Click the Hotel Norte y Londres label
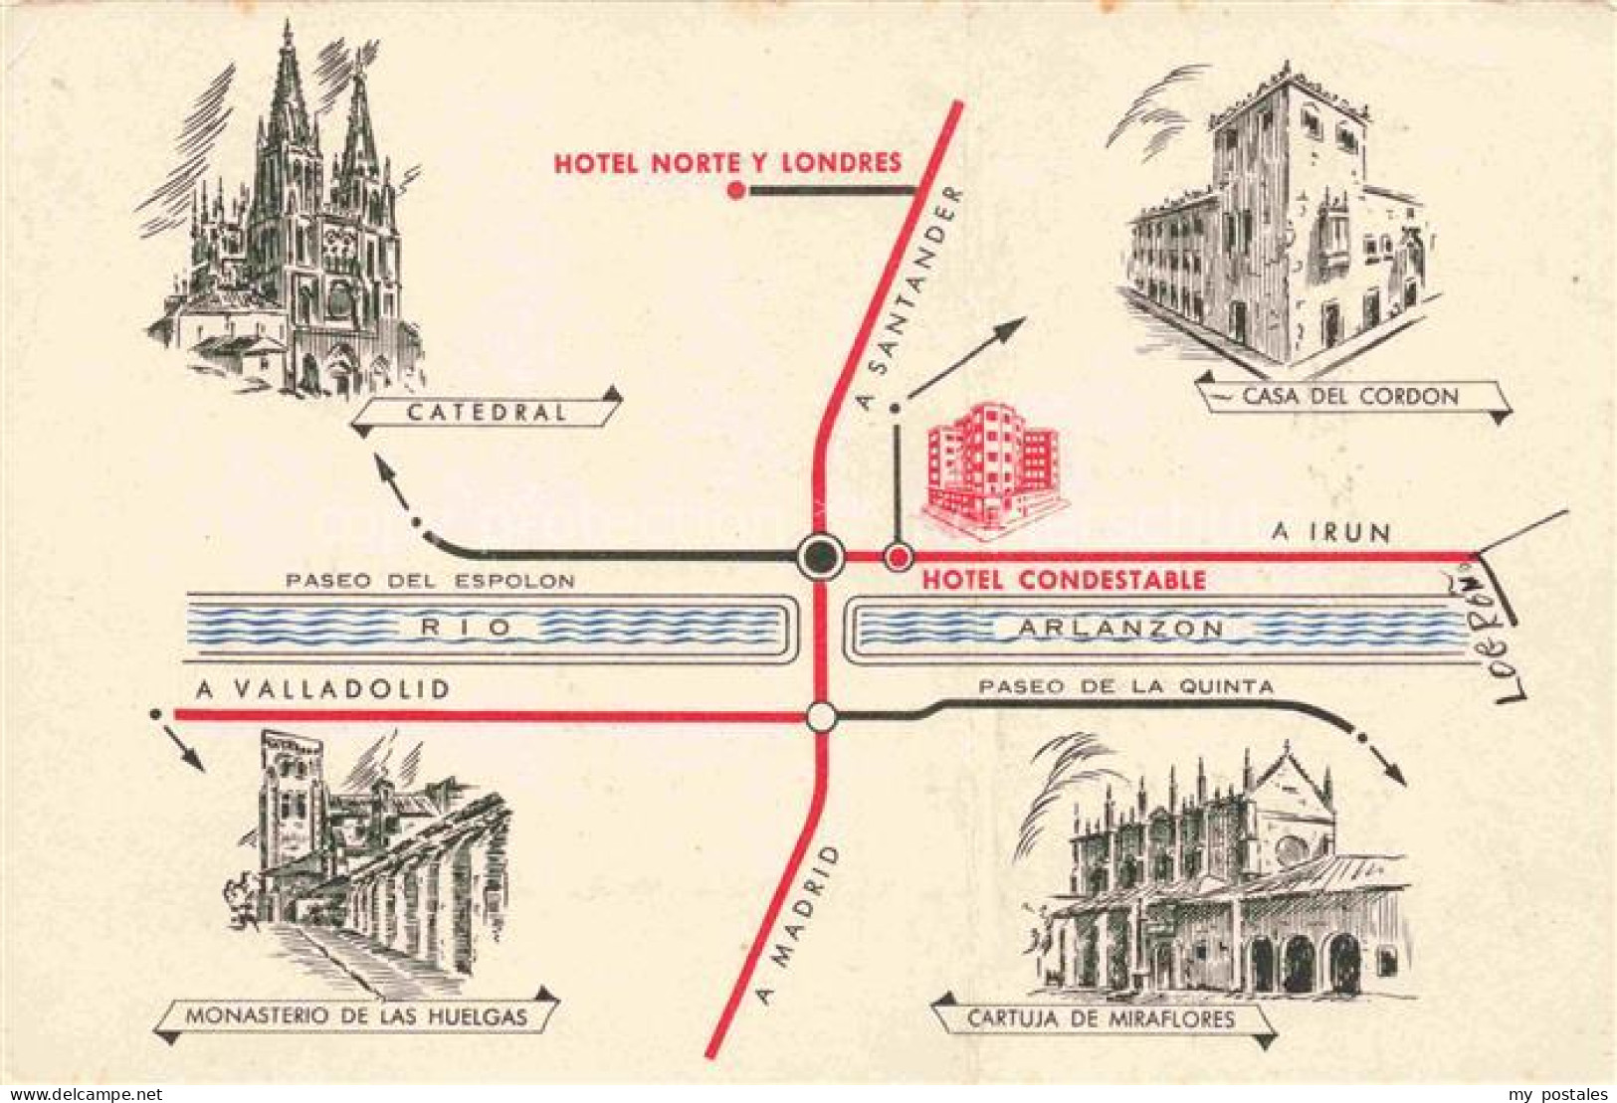(x=727, y=162)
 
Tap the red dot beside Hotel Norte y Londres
(x=736, y=191)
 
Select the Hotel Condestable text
(x=1064, y=580)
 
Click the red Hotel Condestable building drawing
(x=990, y=462)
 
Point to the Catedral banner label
(x=487, y=413)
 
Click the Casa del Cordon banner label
(x=1350, y=397)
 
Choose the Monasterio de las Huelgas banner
(x=356, y=1017)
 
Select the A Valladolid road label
(x=322, y=689)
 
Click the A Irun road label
(x=1330, y=533)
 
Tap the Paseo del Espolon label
(x=430, y=581)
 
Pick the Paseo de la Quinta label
(x=1125, y=686)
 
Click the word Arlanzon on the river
(x=1120, y=628)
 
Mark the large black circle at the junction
(x=821, y=557)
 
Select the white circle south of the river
(x=821, y=716)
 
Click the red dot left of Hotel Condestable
(x=898, y=557)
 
